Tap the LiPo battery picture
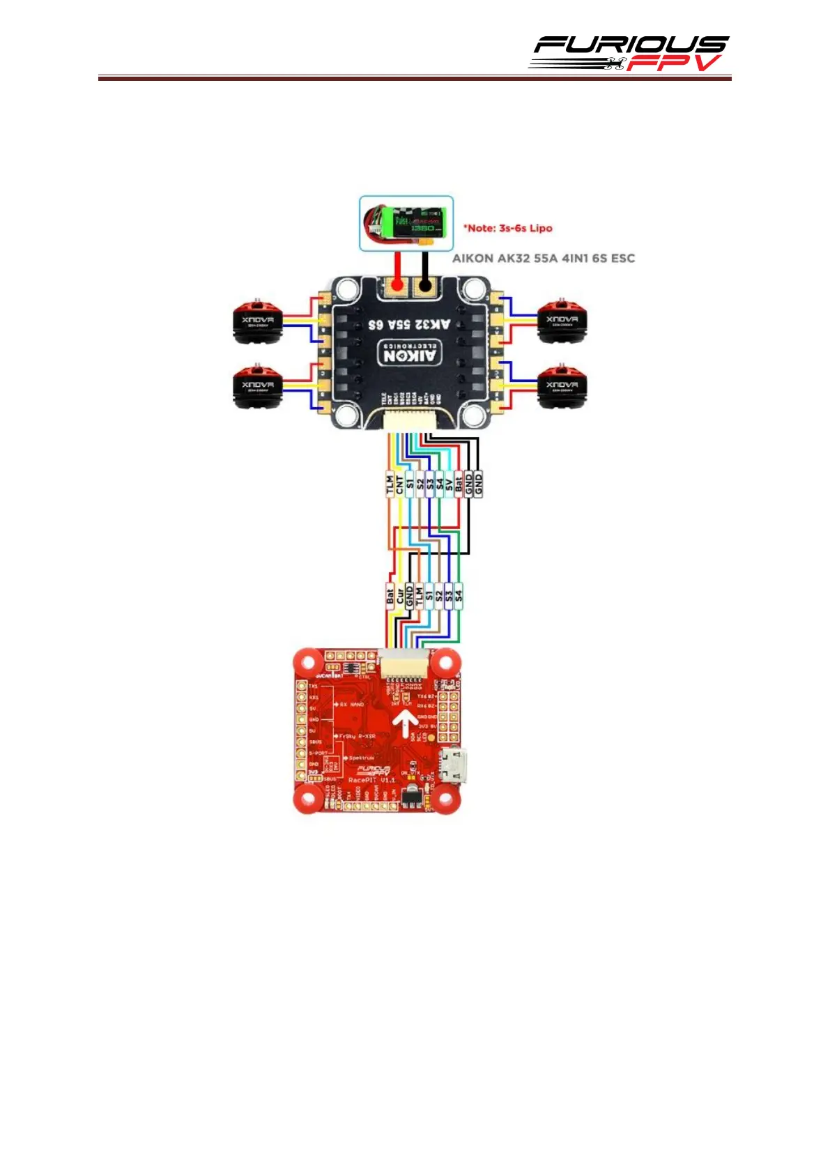tap(406, 223)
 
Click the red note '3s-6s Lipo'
tap(508, 228)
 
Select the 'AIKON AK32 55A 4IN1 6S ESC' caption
tap(544, 258)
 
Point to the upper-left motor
tap(257, 321)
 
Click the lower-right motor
tap(562, 385)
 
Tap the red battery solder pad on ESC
tap(397, 284)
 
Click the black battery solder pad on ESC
tap(424, 284)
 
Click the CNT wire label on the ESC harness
tap(399, 484)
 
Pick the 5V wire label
tap(449, 484)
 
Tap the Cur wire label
tap(399, 597)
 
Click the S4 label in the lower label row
tap(459, 597)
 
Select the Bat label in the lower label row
tap(390, 597)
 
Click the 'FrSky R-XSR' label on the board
tap(358, 736)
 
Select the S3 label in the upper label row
tap(430, 484)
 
